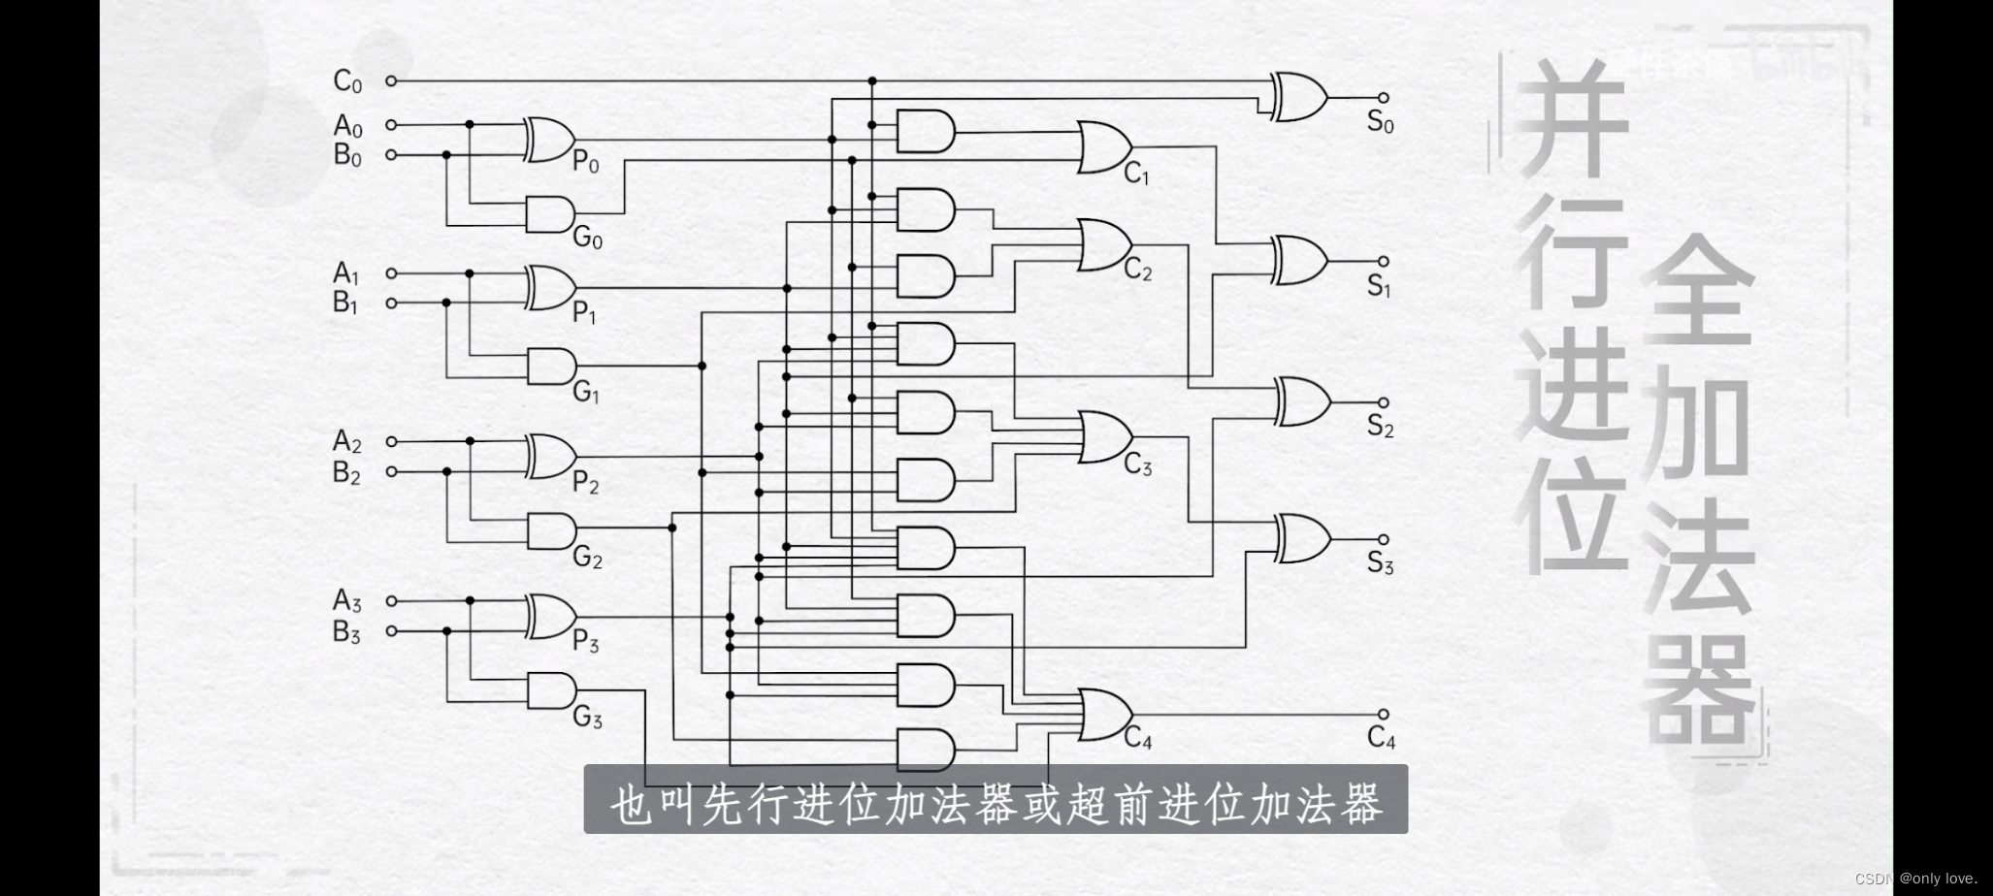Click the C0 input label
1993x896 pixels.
[x=347, y=81]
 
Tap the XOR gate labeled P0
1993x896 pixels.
[x=549, y=140]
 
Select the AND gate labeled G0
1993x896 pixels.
[x=549, y=213]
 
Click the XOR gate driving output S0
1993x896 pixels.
[x=1298, y=97]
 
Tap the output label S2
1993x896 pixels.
[x=1380, y=426]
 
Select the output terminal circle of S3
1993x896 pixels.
[x=1384, y=539]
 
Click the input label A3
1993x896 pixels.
[x=347, y=601]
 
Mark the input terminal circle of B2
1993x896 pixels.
[x=391, y=472]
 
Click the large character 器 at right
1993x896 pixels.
[x=1698, y=688]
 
